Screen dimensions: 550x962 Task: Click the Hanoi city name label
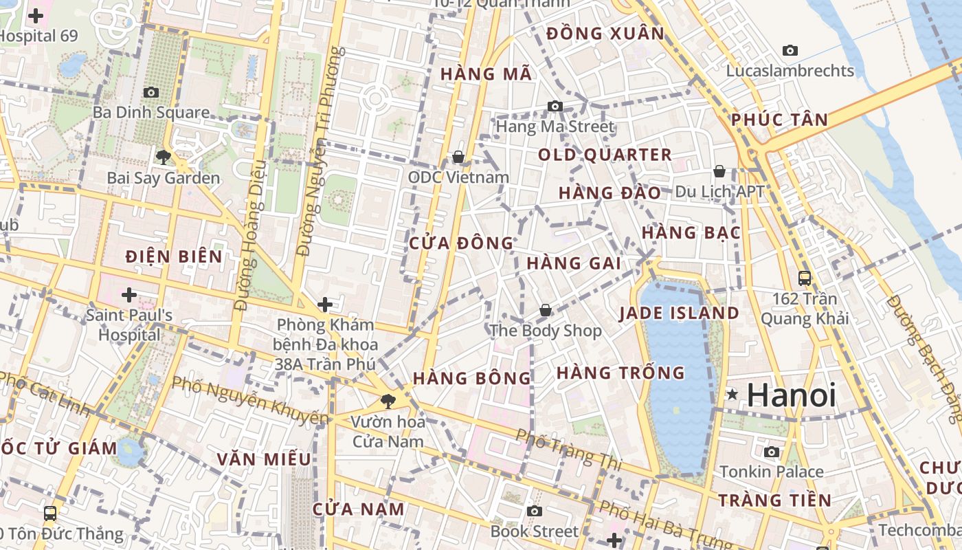pos(791,395)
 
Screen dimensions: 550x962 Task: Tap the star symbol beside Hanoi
pos(732,395)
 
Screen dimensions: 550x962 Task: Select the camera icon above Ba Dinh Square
pos(150,92)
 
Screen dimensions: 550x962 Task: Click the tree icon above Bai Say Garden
pos(163,157)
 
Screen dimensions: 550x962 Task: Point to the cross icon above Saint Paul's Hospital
pos(128,295)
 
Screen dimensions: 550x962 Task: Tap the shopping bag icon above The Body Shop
pos(546,311)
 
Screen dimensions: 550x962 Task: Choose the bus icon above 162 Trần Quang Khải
pos(805,278)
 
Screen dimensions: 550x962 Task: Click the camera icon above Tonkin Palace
pos(772,452)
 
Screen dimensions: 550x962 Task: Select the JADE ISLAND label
pos(679,313)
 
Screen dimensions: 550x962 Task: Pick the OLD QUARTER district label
pos(605,155)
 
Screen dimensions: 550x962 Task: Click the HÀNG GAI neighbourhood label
pos(574,263)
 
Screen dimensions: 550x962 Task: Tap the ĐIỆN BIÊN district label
pos(175,257)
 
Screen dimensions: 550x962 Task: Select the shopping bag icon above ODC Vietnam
pos(458,157)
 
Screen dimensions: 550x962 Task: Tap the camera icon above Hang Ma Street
pos(555,106)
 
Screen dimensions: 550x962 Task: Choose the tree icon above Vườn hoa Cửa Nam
pos(388,401)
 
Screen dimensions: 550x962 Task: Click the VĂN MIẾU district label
pos(264,459)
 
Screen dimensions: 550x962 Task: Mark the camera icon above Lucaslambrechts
pos(790,50)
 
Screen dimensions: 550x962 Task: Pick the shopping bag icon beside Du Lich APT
pos(719,171)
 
